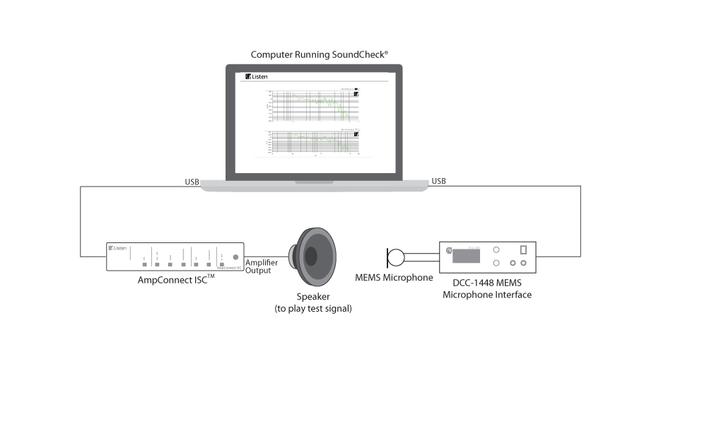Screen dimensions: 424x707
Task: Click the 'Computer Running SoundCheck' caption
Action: coord(320,54)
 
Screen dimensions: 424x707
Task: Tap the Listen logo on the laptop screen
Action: coord(257,76)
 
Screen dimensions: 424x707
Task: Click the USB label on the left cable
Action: coord(192,182)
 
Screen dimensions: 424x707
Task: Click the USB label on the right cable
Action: coord(438,182)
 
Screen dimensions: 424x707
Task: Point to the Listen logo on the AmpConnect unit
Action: coord(117,248)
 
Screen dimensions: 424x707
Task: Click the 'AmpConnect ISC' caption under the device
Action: coord(176,281)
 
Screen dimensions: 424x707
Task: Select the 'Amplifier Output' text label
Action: coord(262,266)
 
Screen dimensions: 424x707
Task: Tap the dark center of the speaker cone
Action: coord(311,256)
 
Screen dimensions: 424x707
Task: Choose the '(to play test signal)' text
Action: coord(313,309)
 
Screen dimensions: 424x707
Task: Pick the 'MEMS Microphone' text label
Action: coord(394,278)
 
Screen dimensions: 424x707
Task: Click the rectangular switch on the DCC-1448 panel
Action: coord(523,250)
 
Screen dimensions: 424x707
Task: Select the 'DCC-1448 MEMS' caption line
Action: coord(487,283)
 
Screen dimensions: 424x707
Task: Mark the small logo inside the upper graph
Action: coord(356,93)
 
